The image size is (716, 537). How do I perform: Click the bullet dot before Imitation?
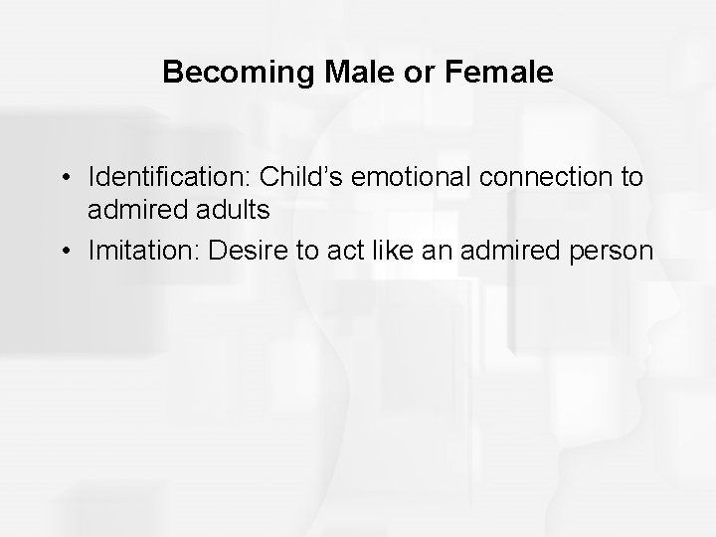tap(64, 252)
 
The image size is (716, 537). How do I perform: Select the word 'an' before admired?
tap(435, 252)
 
